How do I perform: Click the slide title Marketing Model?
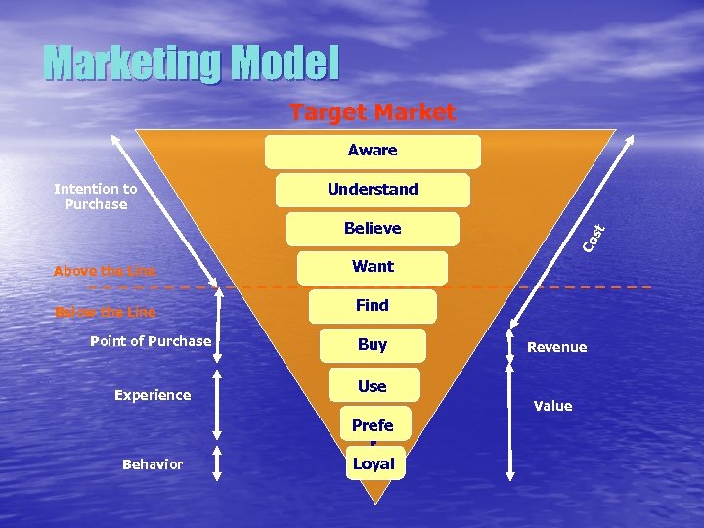point(192,64)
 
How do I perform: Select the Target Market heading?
point(373,112)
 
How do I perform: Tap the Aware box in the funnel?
point(373,151)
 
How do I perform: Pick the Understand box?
point(373,190)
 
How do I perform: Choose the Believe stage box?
point(373,228)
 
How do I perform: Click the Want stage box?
point(373,266)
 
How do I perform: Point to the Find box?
point(373,305)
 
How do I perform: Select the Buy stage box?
point(373,345)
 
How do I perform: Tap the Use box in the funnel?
point(373,386)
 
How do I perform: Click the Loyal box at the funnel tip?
point(374,463)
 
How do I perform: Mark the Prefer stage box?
point(373,426)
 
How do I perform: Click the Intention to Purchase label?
point(96,197)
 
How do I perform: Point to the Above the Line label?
point(105,271)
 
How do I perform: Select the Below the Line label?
point(105,312)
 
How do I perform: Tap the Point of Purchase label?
point(151,341)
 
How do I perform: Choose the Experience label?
point(153,395)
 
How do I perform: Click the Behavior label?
point(153,464)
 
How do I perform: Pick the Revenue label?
point(557,347)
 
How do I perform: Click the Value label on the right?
point(553,406)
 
